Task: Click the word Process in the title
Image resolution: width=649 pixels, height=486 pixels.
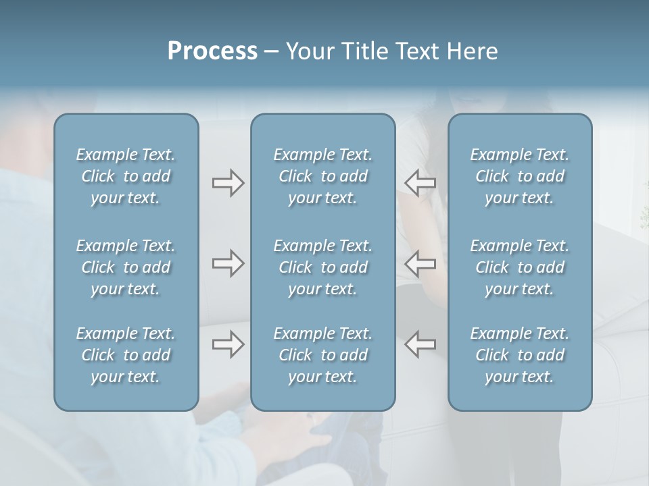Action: (212, 51)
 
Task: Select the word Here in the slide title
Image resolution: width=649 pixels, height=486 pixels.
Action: (472, 51)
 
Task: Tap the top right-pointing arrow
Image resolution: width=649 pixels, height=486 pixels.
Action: (228, 182)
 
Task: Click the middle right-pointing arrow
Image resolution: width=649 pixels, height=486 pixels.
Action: (228, 263)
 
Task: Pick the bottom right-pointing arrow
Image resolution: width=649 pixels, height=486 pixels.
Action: (228, 344)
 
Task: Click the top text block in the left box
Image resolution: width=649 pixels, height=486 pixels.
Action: (126, 176)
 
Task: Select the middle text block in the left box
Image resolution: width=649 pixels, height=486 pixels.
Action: (126, 267)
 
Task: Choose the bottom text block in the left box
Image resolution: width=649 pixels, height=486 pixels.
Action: (126, 355)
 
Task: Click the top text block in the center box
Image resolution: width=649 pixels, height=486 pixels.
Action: (322, 176)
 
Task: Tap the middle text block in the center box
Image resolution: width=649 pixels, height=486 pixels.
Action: (322, 267)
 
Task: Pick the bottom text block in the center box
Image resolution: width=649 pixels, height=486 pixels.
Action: (322, 355)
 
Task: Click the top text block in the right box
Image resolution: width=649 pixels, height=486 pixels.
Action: (519, 176)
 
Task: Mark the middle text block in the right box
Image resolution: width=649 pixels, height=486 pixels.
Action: (519, 267)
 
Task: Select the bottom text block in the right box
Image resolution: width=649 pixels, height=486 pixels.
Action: (519, 355)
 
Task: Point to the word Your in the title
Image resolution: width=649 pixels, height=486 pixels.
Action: (308, 51)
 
